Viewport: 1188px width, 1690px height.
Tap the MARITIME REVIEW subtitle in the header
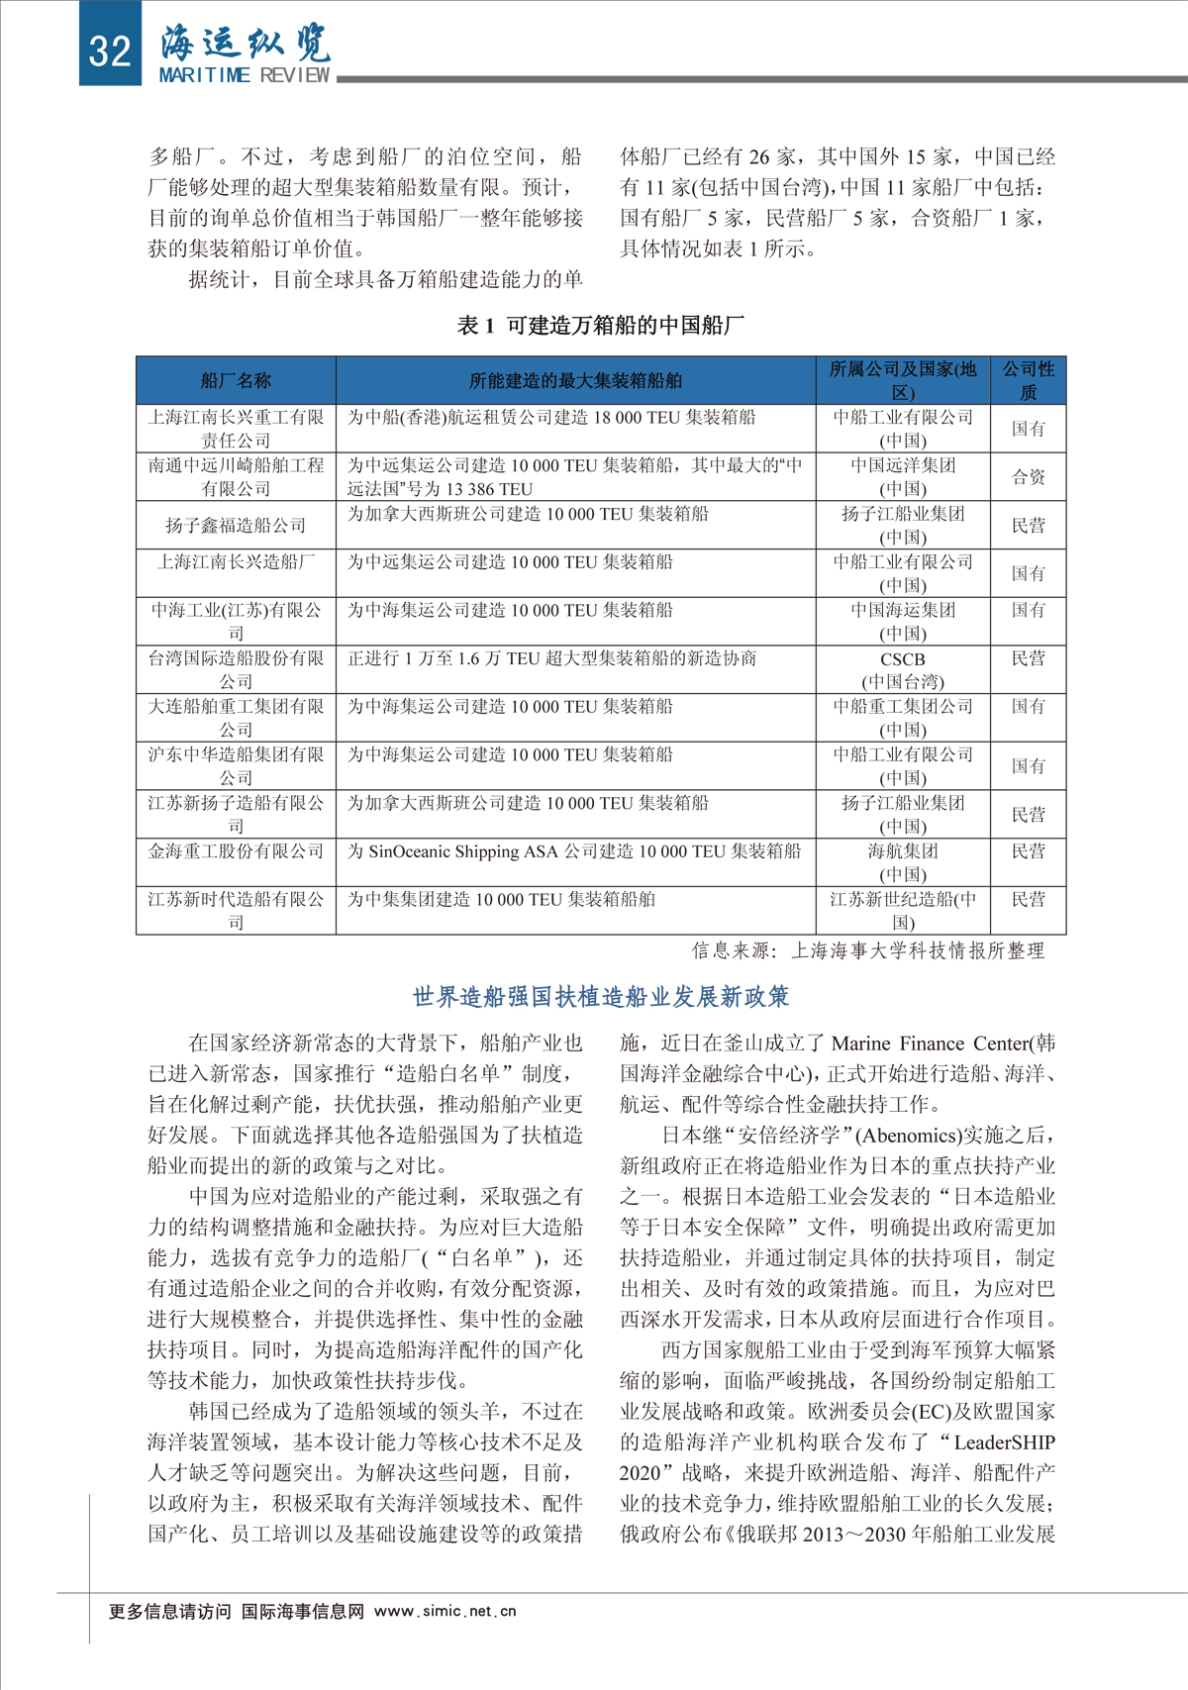tap(245, 75)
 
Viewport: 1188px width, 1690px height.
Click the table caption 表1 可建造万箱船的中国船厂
tap(600, 325)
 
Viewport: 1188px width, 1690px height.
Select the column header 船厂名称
tap(236, 380)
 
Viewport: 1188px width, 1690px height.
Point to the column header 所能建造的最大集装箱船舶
tap(575, 380)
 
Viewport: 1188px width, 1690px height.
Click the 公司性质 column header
tap(1028, 380)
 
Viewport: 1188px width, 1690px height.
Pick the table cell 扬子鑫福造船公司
tap(236, 525)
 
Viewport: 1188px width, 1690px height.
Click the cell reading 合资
tap(1028, 477)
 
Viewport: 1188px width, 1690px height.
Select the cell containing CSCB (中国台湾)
tap(902, 669)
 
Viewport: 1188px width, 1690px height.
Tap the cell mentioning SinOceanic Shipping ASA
tap(574, 851)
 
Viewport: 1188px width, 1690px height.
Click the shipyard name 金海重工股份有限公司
tap(236, 851)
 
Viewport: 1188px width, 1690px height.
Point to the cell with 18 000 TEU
tap(551, 418)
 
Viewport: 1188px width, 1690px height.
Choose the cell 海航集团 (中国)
tap(902, 862)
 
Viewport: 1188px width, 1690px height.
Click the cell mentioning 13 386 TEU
tap(574, 476)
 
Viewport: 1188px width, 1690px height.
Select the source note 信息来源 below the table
tap(867, 950)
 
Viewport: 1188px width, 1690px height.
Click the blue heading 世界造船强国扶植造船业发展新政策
tap(600, 996)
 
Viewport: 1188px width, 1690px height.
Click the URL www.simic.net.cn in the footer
tap(445, 1611)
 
